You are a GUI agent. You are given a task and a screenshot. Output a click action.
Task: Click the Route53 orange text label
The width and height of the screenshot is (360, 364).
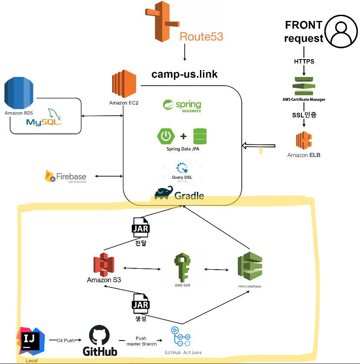(201, 36)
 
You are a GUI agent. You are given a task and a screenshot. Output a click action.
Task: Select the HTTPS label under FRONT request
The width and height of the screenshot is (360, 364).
(303, 61)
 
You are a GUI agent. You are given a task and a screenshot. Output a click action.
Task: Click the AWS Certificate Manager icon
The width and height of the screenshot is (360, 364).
(303, 86)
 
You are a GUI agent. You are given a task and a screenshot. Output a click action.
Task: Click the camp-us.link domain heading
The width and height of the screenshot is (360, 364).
(184, 74)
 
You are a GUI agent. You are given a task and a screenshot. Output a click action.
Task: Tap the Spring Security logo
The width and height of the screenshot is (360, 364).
(182, 106)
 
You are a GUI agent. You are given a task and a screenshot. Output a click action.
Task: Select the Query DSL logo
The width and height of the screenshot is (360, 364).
(182, 168)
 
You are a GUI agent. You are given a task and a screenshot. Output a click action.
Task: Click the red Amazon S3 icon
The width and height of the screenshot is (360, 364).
(103, 264)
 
